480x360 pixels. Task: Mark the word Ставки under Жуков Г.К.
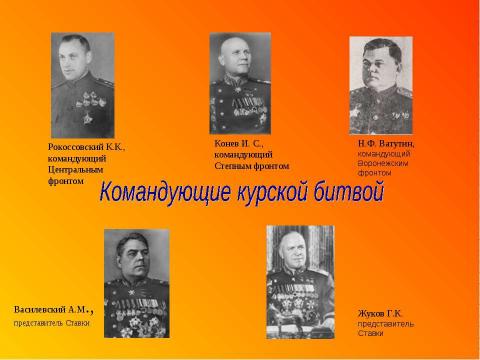pos(371,334)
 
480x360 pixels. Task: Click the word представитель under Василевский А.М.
pos(39,323)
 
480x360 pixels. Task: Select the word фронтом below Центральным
pos(66,180)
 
